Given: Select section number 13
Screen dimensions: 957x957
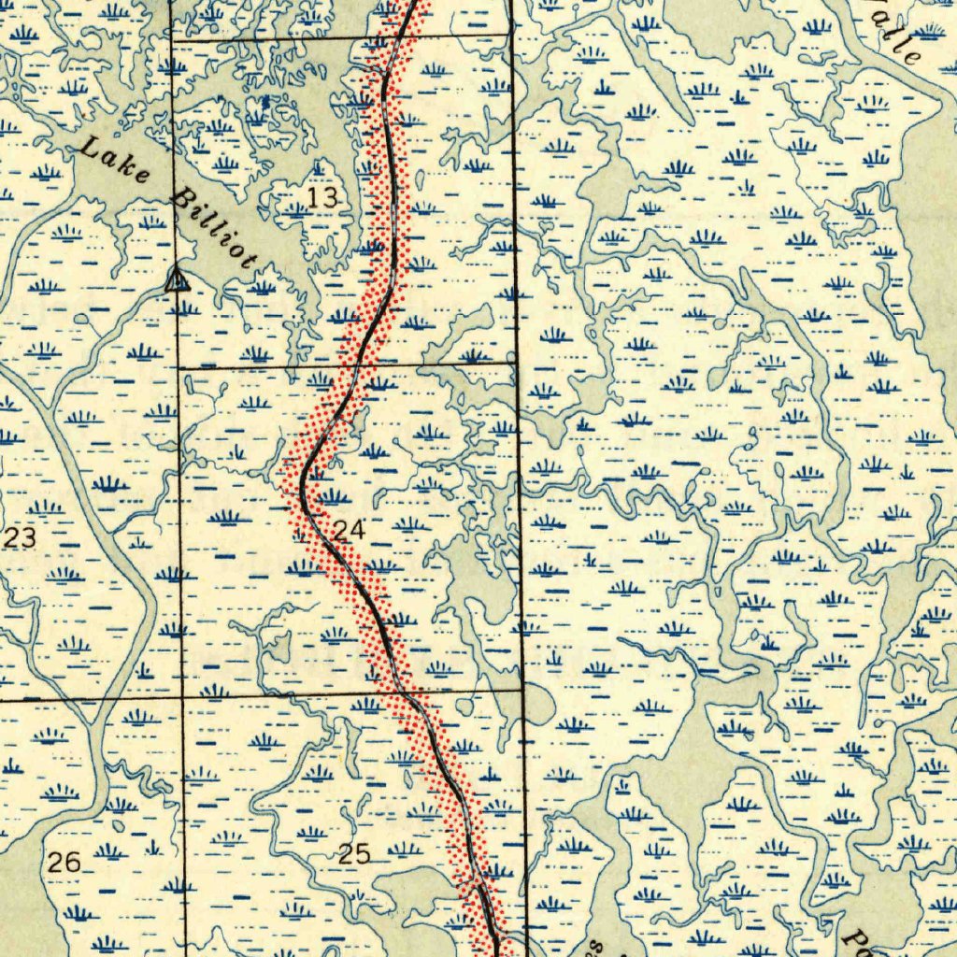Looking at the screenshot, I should pos(321,197).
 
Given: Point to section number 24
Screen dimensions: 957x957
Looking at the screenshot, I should pos(349,531).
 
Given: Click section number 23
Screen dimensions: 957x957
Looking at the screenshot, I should pos(21,537).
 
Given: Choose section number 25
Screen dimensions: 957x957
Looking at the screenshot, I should pos(354,852).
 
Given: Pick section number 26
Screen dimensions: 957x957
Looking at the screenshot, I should pos(64,862).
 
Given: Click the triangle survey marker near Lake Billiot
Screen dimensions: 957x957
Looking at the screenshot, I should pos(175,279).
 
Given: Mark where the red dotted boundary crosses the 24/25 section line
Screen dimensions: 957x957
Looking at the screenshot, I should pos(404,693).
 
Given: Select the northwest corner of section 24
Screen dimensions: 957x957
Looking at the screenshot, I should pos(179,369).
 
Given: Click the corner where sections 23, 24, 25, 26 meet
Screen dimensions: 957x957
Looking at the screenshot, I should pos(181,696).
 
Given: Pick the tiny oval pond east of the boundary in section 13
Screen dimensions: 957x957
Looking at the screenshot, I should pos(420,179).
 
